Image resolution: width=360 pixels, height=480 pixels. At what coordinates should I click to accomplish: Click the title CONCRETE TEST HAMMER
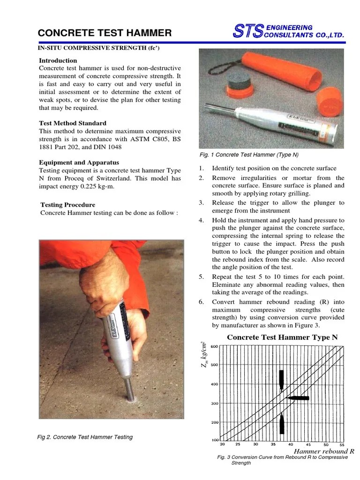point(105,32)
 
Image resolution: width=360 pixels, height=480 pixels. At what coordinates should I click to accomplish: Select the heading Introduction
point(58,60)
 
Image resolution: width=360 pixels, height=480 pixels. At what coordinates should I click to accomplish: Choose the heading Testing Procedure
point(67,205)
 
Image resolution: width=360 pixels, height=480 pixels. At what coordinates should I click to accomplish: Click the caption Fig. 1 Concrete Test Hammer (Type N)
point(249,155)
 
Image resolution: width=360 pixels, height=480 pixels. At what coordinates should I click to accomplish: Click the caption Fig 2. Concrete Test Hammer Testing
point(85,437)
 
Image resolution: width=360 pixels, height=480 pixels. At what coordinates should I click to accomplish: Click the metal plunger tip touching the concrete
point(129,391)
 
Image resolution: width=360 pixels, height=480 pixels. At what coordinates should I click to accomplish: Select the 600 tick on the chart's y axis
point(214,346)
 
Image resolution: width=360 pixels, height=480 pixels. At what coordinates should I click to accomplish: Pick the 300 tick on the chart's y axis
point(214,403)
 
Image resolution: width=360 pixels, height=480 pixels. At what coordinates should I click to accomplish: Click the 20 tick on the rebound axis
point(222,444)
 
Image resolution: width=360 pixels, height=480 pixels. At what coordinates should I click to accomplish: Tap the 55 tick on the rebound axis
point(342,444)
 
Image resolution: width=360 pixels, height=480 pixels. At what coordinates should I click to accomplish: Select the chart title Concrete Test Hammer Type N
point(282,337)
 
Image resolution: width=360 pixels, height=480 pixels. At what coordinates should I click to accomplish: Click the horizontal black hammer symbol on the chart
point(298,398)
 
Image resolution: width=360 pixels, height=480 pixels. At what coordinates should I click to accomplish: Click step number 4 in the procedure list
point(201,220)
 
